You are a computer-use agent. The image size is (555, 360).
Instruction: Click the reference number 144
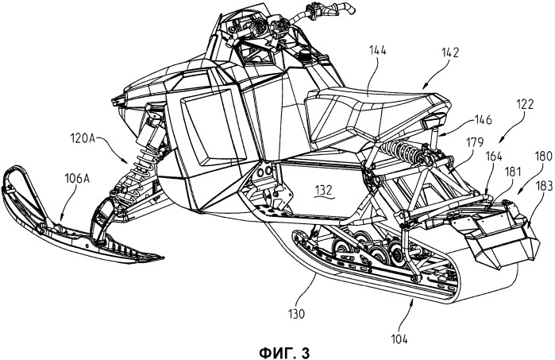tap(378, 51)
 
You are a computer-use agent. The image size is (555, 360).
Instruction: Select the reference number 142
tap(450, 52)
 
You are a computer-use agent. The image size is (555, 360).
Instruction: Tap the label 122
tap(525, 105)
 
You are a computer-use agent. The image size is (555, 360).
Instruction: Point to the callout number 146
tap(484, 120)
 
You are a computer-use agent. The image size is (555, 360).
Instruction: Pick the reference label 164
tap(493, 156)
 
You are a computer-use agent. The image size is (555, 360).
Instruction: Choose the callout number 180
tap(543, 157)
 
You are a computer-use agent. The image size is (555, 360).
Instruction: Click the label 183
tap(544, 186)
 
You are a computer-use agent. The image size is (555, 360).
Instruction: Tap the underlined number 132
tap(323, 191)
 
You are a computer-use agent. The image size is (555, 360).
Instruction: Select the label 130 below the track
tap(296, 314)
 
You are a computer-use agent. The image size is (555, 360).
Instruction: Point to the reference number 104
tap(399, 339)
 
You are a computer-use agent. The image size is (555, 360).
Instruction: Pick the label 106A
tap(76, 179)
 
